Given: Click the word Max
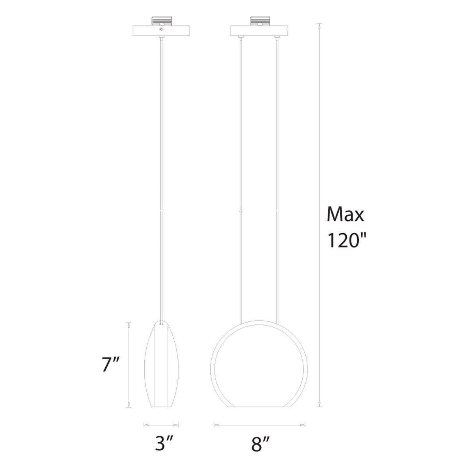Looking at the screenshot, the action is coord(346,214).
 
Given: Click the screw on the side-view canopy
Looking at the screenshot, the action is coord(161,30).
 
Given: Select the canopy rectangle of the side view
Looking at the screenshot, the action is coord(161,30).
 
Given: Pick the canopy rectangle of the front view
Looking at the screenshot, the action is coord(259,30).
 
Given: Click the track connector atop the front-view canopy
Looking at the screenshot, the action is coord(259,21).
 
